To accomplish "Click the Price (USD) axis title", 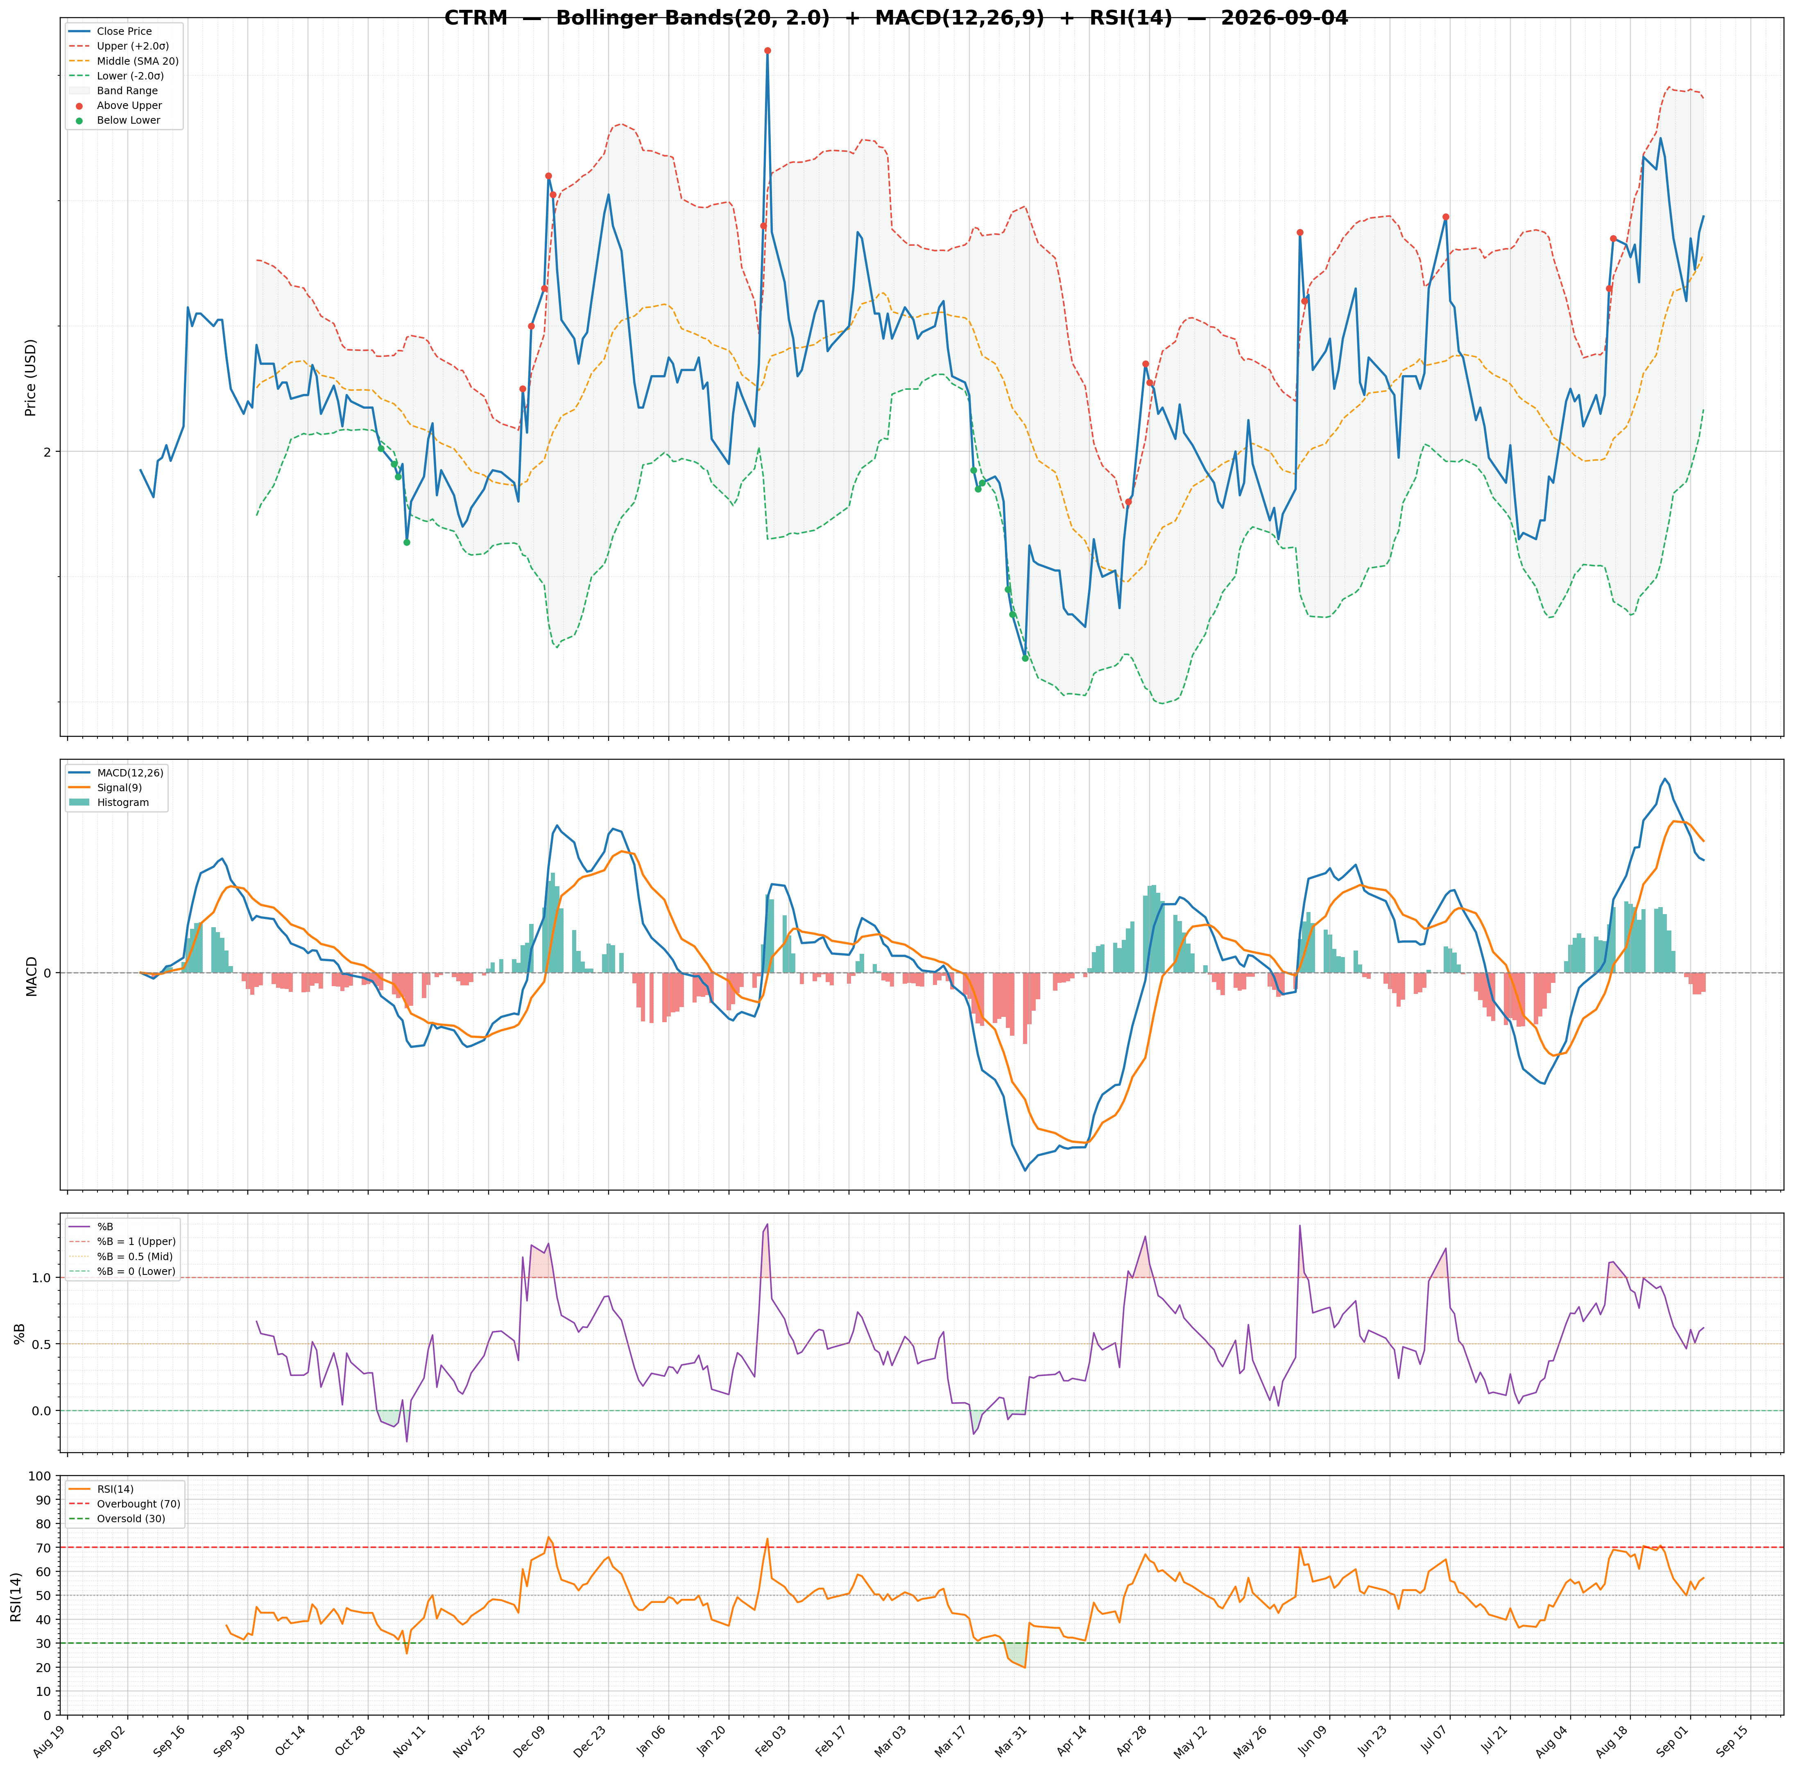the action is coord(31,378).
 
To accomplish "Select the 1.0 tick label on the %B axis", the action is coord(43,1277).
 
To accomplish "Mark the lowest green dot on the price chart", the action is coord(1025,658).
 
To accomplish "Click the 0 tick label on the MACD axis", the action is coord(46,973).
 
